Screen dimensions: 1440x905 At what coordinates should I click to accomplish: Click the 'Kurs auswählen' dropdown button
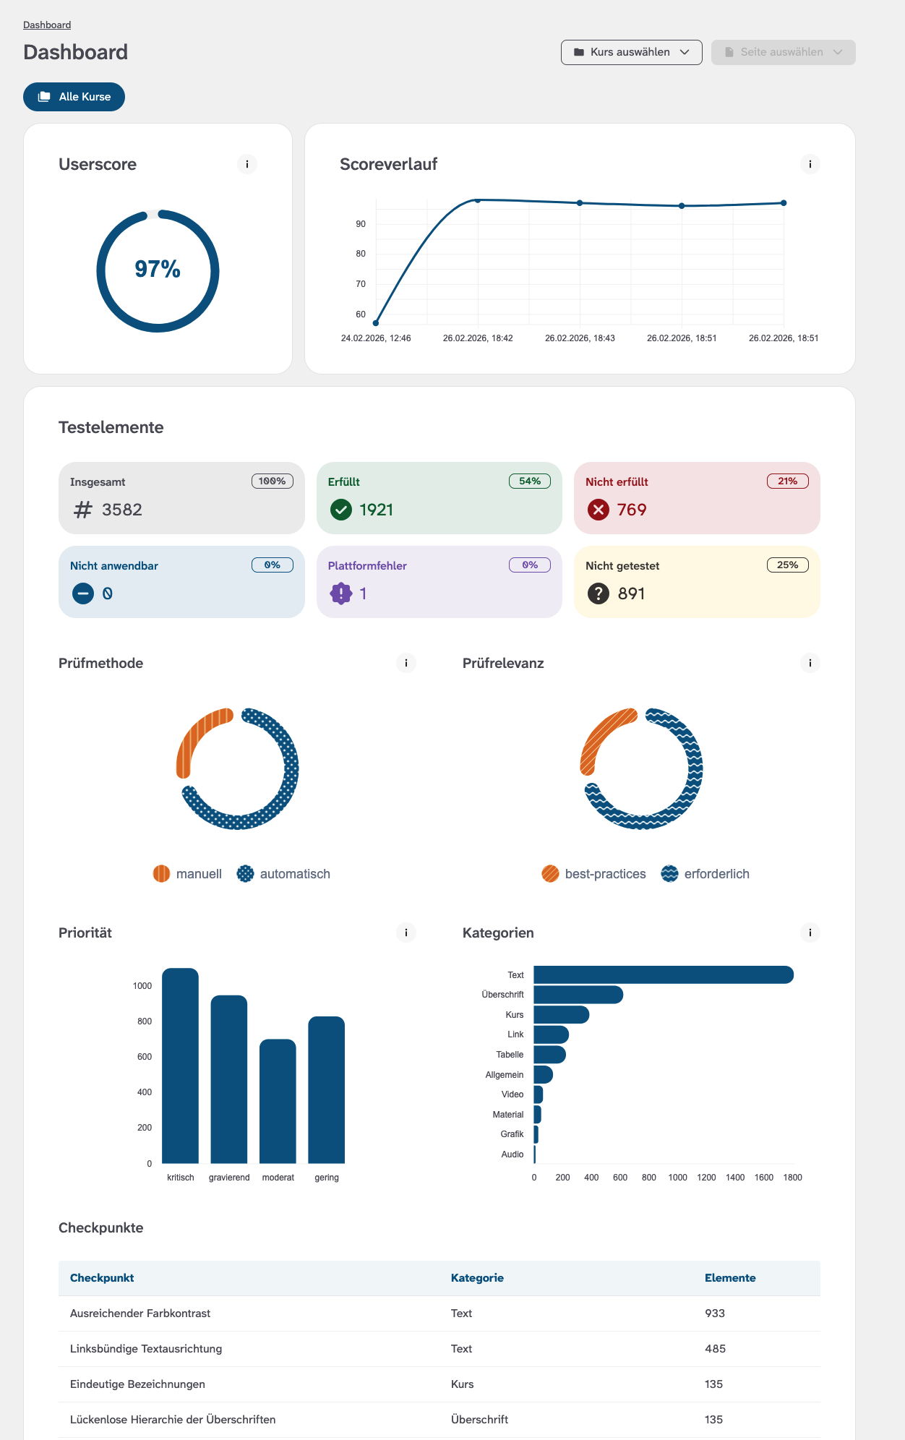631,52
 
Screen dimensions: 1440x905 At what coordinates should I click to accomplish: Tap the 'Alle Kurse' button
74,97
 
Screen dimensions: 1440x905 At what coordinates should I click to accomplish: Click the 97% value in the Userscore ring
158,269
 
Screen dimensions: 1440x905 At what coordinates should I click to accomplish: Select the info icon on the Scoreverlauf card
810,164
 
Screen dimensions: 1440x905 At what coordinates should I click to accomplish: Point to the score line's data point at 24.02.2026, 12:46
376,323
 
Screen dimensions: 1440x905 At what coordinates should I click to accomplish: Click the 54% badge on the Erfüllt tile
529,481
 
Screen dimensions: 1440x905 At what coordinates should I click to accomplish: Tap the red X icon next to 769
598,510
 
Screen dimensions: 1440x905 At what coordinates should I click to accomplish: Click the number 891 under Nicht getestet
631,593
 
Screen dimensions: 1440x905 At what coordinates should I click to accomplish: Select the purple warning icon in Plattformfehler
340,593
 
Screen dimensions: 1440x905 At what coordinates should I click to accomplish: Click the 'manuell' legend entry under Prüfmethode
188,874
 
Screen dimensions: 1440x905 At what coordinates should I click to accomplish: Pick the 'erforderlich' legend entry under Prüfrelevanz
705,874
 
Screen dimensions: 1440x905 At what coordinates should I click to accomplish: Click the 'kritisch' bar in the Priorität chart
180,1066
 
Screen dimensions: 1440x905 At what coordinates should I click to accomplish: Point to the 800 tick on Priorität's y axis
145,1021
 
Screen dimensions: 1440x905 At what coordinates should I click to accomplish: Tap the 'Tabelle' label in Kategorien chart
510,1055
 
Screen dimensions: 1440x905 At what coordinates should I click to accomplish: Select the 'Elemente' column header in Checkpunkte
730,1278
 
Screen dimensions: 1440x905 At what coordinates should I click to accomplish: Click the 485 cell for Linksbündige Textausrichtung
715,1349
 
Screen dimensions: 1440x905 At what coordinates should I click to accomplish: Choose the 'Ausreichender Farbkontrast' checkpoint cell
140,1313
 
